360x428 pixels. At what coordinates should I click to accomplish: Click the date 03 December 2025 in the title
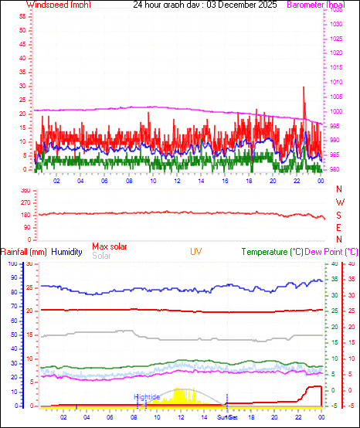(222, 5)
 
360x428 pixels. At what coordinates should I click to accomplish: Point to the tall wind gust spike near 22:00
(304, 89)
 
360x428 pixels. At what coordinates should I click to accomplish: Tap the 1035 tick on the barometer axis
(335, 24)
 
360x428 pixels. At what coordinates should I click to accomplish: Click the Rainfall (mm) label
(24, 252)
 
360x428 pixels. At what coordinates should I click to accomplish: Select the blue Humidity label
(67, 252)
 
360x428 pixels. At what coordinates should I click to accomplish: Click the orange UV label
(197, 252)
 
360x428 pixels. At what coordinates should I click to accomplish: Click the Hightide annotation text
(146, 396)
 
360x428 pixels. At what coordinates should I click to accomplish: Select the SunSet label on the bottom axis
(227, 418)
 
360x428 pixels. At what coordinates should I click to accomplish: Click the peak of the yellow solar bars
(179, 389)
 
